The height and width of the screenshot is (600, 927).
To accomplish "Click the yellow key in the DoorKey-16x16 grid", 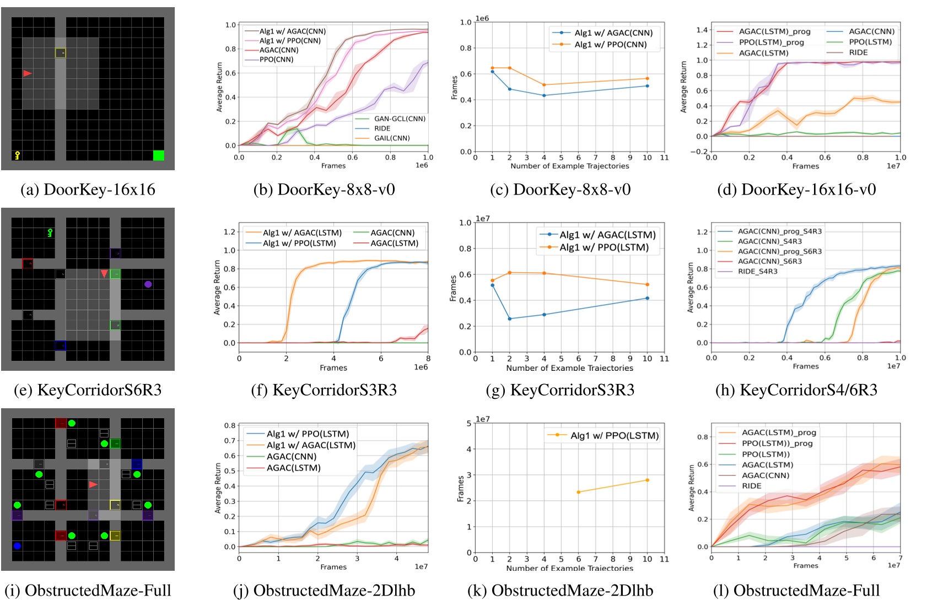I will coord(17,155).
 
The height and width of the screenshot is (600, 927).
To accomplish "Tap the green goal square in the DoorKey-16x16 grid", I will coord(159,155).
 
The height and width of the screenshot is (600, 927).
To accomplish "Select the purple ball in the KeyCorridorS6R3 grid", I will coord(148,284).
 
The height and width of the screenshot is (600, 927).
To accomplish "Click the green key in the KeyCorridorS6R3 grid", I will coord(50,233).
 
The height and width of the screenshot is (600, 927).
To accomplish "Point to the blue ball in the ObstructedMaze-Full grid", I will coord(17,546).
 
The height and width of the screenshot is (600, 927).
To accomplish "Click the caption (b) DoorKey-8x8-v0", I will coord(324,190).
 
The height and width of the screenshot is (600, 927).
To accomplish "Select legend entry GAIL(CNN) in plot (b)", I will coord(392,138).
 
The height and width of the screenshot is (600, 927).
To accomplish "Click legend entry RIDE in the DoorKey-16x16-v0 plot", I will coord(858,52).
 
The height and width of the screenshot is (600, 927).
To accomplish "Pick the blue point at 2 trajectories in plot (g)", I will coord(510,318).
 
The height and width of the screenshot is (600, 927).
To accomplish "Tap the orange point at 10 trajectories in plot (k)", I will coord(647,480).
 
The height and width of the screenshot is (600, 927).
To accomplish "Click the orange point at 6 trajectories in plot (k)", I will coord(578,492).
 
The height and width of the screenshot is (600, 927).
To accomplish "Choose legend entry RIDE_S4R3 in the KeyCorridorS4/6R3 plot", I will coord(758,271).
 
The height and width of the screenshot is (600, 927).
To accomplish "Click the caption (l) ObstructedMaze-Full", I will coord(796,591).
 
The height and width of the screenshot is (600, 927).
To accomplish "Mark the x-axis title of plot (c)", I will coord(569,166).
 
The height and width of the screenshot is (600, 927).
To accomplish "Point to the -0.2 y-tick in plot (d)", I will coord(699,152).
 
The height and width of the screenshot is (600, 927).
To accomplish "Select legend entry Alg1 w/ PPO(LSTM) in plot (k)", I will coord(615,435).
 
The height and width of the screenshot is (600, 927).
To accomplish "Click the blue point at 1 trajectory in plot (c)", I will coord(493,72).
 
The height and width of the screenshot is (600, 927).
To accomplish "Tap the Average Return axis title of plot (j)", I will coord(218,488).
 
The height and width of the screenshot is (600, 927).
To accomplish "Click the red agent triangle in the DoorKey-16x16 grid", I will coord(27,73).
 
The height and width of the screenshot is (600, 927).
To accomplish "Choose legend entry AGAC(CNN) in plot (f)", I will coord(392,233).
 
